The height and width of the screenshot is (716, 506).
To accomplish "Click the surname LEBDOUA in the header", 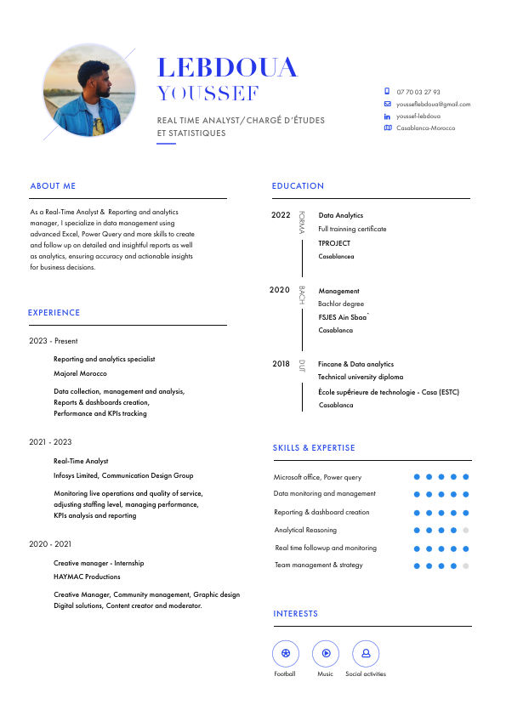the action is coord(228,68).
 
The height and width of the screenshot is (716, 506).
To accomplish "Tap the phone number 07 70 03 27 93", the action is coord(418,92).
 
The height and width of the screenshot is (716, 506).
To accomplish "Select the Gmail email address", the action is coord(433,104).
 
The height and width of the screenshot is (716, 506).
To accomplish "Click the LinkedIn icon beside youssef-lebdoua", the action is coord(388,116).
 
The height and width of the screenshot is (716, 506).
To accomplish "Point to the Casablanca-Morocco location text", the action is coord(425,128).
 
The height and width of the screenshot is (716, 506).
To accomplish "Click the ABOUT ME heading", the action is coord(53,185).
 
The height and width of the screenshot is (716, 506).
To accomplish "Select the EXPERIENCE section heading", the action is coord(54,312).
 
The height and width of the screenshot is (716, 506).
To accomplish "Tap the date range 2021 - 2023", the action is coord(50,442).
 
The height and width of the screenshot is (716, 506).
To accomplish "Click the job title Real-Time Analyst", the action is coord(81,461).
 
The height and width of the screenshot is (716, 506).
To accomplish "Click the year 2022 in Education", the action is coord(281,215).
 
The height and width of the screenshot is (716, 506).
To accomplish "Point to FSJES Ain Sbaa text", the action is coord(343,317).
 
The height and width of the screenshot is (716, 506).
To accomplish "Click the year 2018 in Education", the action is coord(281,364).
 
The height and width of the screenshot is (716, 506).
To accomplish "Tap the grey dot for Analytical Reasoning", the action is coord(466,530).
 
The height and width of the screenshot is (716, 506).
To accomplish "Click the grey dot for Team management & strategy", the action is coord(466,565).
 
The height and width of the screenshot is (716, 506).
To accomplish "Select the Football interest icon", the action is coord(285,653).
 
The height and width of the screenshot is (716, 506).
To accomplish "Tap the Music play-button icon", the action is coord(325,653).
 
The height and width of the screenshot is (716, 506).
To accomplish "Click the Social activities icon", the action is coord(366,653).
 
